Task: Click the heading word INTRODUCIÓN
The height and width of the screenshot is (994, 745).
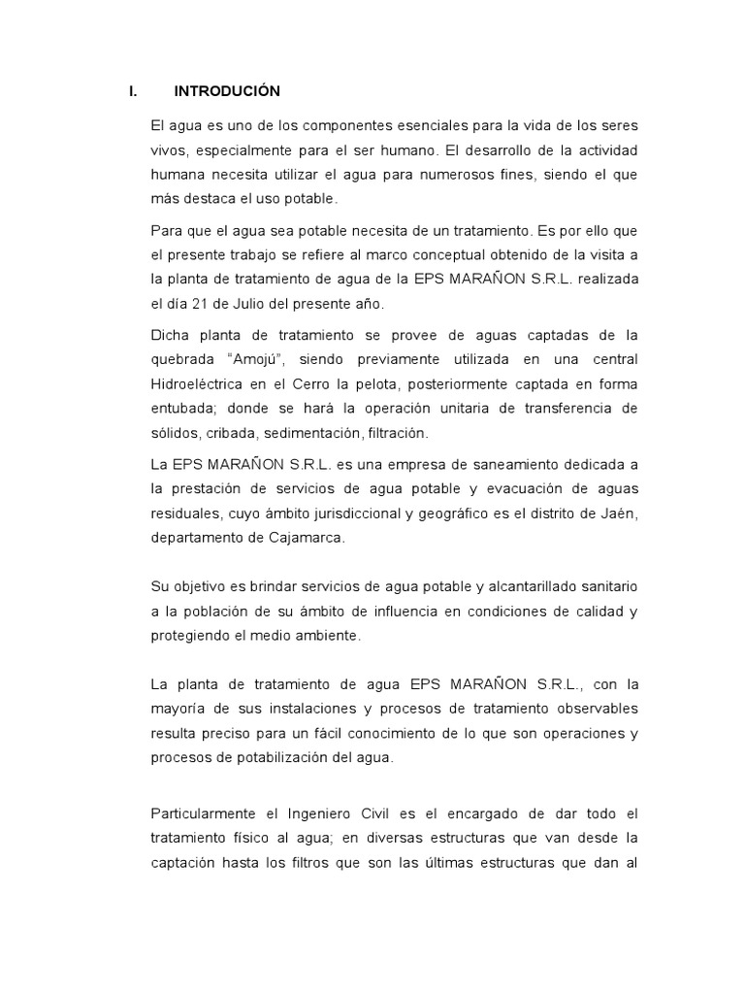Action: tap(227, 91)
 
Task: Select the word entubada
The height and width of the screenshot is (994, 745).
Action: tap(185, 410)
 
